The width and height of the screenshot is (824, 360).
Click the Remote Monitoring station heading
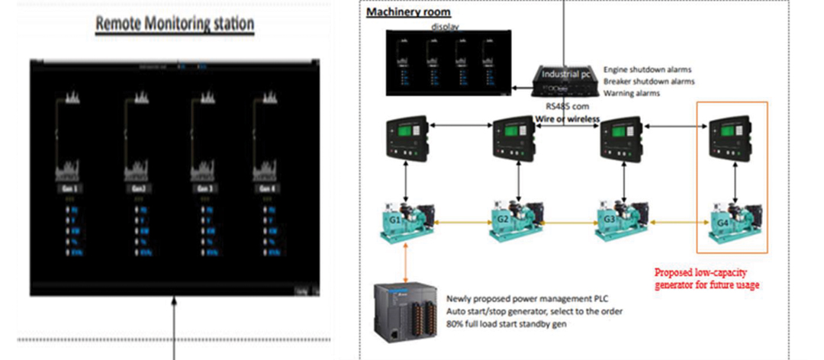click(174, 24)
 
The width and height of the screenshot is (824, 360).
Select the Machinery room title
click(408, 12)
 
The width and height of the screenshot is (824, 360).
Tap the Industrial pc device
click(565, 76)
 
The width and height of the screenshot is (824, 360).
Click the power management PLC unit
click(407, 312)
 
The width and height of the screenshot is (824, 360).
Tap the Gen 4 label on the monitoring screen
click(268, 188)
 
